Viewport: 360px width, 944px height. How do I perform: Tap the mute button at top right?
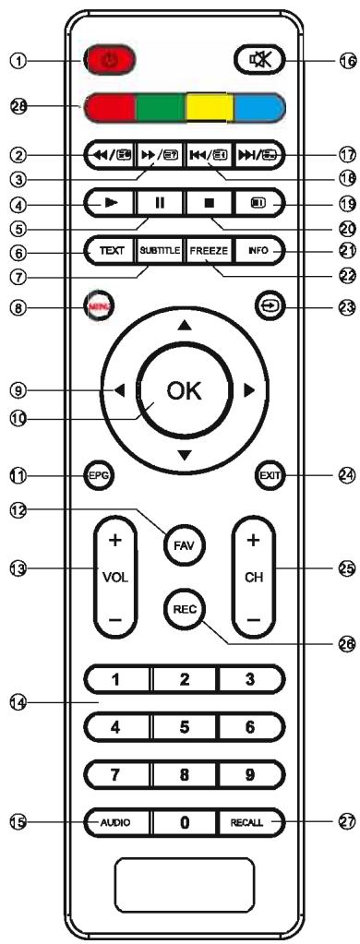(254, 64)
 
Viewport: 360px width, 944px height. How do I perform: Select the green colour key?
(160, 109)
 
